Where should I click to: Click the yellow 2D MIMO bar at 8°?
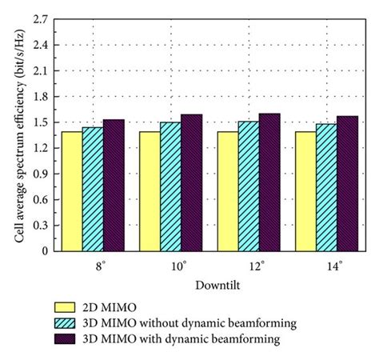point(72,191)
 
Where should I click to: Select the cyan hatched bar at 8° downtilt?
point(93,189)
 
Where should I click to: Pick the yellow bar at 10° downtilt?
point(150,191)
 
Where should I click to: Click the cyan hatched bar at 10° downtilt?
point(170,186)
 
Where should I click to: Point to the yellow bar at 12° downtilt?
point(227,191)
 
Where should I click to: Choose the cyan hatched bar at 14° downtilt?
point(325,187)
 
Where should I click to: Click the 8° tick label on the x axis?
point(94,264)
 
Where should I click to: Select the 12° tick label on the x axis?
point(249,264)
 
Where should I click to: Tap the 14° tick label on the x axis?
point(326,264)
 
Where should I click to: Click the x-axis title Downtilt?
point(209,284)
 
